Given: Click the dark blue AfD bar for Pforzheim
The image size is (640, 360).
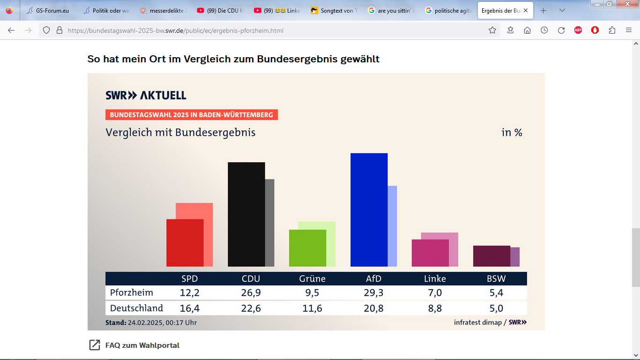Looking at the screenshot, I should click(369, 210).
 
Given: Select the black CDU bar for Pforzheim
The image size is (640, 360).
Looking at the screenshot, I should click(246, 214).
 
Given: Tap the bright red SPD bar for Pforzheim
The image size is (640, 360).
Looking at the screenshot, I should click(185, 242).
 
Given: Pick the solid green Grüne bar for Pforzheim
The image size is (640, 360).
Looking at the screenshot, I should click(307, 248).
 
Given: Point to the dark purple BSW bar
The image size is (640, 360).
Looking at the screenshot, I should click(491, 256).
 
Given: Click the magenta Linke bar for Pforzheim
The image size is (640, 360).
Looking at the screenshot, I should click(430, 253).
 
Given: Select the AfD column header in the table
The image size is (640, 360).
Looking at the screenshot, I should click(373, 278).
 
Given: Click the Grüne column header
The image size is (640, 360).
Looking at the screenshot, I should click(312, 278).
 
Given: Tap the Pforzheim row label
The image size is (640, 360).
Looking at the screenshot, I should click(132, 293).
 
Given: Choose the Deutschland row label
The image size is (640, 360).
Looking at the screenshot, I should click(136, 308).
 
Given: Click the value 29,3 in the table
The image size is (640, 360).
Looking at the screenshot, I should click(373, 293).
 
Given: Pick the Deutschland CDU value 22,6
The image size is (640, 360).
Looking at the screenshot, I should click(251, 308).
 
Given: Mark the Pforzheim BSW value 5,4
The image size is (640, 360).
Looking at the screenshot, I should click(496, 293).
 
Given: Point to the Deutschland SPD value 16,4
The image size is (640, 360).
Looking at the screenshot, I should click(189, 308).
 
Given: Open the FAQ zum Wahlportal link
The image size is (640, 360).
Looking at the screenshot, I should click(142, 345).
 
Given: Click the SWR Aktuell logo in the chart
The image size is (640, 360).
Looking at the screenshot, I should click(146, 95).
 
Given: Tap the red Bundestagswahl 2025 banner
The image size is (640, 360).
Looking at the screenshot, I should click(191, 115).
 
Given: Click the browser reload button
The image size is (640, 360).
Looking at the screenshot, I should click(561, 30).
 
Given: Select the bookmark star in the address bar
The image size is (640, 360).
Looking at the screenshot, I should click(492, 30).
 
